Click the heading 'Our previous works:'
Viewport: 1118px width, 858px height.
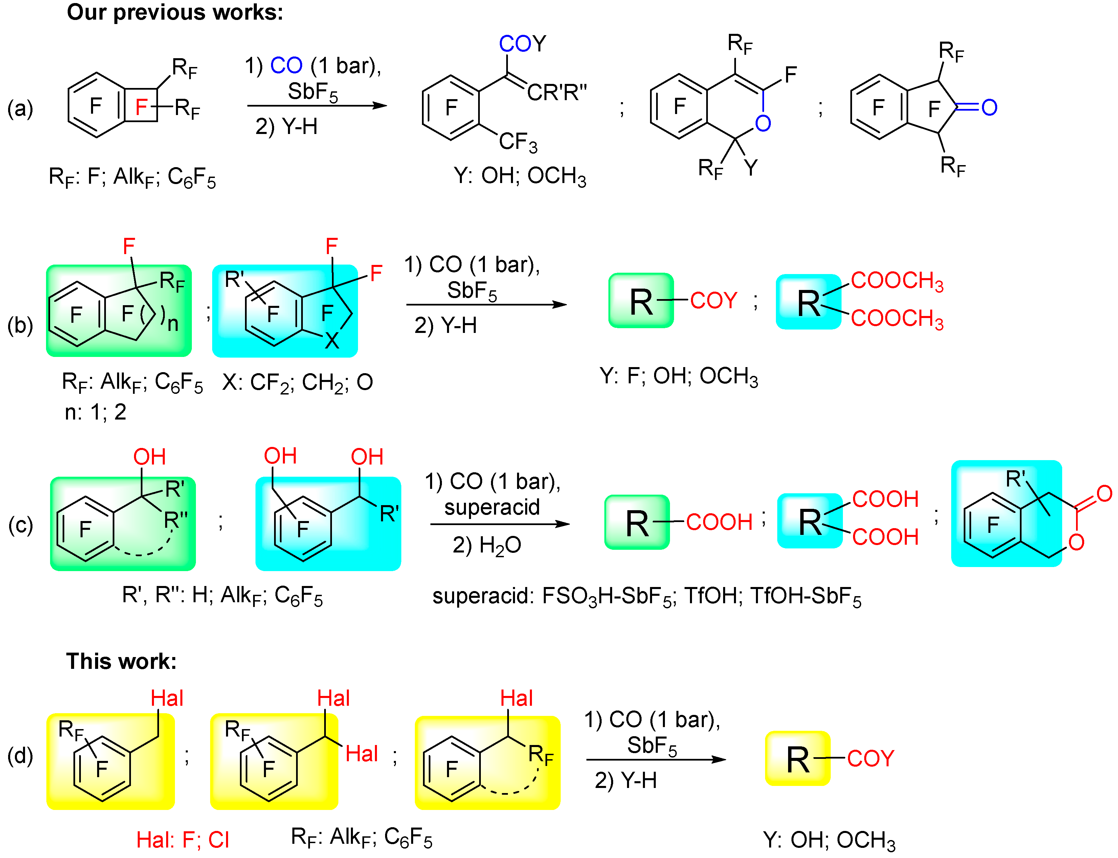pos(175,12)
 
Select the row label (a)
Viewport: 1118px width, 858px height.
pos(20,108)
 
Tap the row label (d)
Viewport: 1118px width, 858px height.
pos(20,756)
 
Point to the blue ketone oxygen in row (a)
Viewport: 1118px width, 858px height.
pos(989,107)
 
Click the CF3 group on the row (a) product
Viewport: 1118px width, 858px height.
pos(518,142)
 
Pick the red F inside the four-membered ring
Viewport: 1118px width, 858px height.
pos(141,107)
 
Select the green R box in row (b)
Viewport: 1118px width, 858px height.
pos(641,301)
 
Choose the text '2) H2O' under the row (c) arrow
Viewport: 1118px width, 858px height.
pos(487,545)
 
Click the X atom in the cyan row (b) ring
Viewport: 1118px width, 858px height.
pos(332,341)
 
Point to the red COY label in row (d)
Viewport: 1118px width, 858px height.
pos(871,759)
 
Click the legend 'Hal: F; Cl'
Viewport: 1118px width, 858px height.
pos(182,840)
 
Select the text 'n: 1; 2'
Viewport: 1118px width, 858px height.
pos(95,412)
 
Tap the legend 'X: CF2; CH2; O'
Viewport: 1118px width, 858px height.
pos(297,382)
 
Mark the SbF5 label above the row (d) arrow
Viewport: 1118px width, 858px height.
pos(652,746)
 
